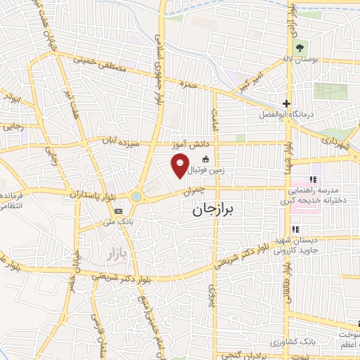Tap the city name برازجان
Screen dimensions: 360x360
(x=217, y=210)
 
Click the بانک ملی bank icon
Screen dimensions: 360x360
(x=118, y=210)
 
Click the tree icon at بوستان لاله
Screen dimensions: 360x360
(x=301, y=48)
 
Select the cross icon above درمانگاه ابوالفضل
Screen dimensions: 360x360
(x=286, y=103)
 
